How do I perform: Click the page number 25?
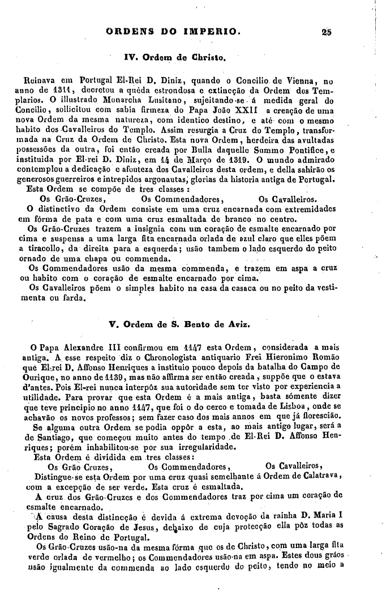(x=324, y=32)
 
